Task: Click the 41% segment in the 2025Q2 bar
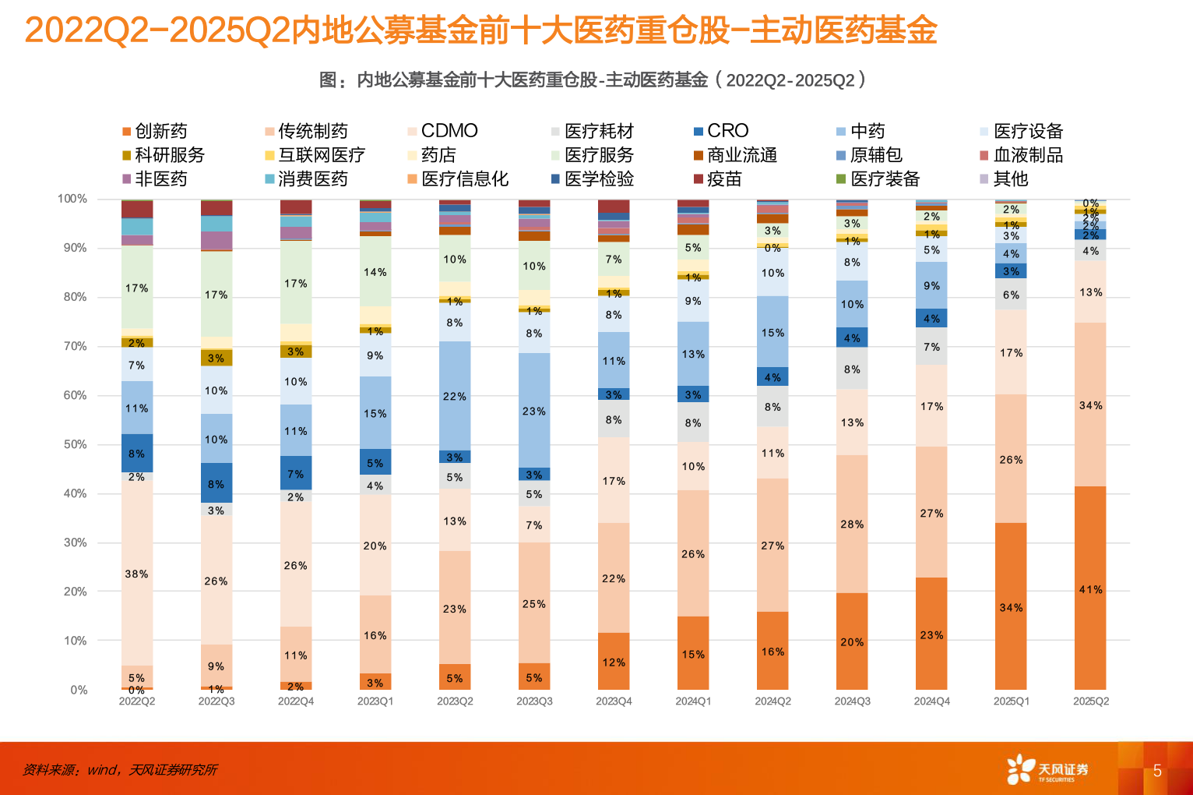pyautogui.click(x=1090, y=589)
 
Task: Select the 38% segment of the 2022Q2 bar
pyautogui.click(x=136, y=574)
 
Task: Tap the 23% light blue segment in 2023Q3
pyautogui.click(x=534, y=411)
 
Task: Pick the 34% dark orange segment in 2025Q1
pyautogui.click(x=1011, y=606)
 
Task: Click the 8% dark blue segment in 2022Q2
pyautogui.click(x=136, y=453)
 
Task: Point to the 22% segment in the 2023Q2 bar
pyautogui.click(x=455, y=396)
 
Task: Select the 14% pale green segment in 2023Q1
pyautogui.click(x=375, y=271)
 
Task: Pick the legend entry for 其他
pyautogui.click(x=1004, y=179)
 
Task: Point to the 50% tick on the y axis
pyautogui.click(x=76, y=444)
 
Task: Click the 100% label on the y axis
pyautogui.click(x=72, y=199)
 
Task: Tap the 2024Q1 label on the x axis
pyautogui.click(x=693, y=701)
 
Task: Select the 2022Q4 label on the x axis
pyautogui.click(x=296, y=701)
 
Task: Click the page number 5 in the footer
pyautogui.click(x=1157, y=771)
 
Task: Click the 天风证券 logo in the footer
pyautogui.click(x=1047, y=770)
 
